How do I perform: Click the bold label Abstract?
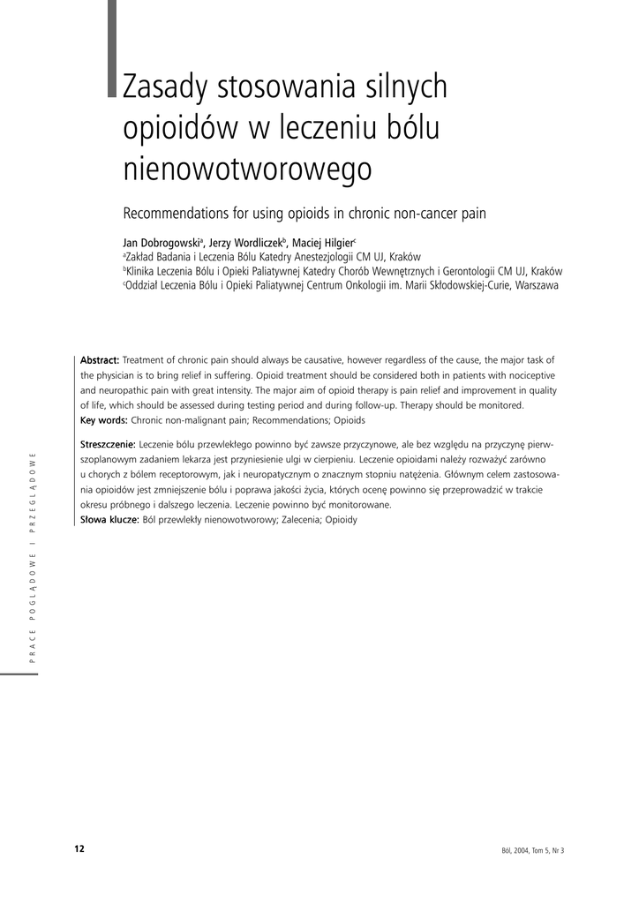tap(100, 359)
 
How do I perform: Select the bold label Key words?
tap(104, 419)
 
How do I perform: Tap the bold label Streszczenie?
tap(108, 444)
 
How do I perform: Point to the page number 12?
tap(79, 848)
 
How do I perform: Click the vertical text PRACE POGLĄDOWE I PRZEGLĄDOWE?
tap(33, 562)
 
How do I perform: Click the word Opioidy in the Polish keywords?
tap(340, 519)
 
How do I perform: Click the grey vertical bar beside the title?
tap(112, 48)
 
